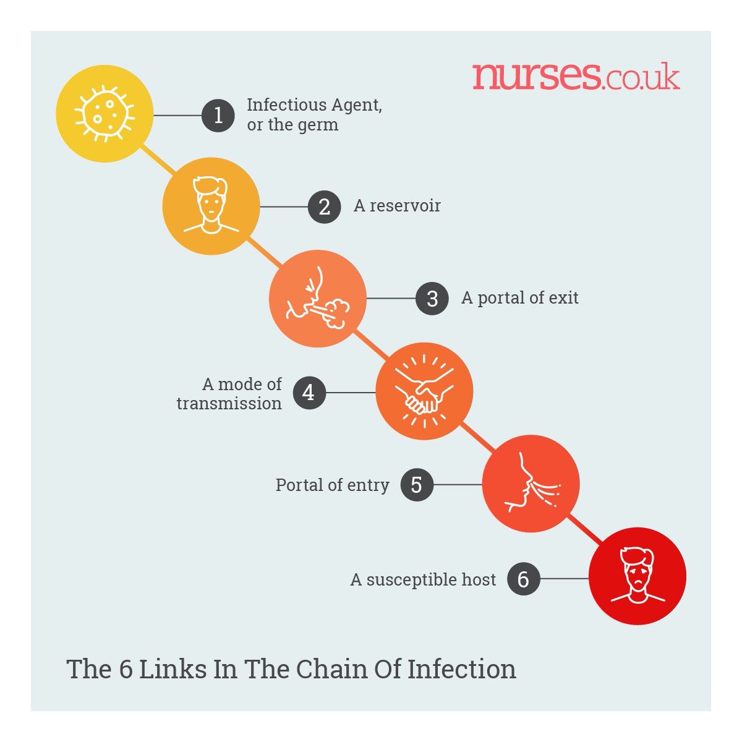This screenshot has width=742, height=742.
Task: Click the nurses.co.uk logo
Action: tap(576, 76)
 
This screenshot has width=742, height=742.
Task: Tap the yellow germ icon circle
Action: tap(104, 114)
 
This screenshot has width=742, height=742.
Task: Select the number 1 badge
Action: tap(218, 115)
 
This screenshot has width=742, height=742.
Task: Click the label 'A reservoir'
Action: tap(397, 206)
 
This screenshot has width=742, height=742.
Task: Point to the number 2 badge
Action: tap(325, 207)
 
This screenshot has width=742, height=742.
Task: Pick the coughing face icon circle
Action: tap(317, 298)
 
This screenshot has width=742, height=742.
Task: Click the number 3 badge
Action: tap(432, 299)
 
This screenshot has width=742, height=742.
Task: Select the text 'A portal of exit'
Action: tap(519, 298)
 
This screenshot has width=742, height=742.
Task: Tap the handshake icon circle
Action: tap(424, 391)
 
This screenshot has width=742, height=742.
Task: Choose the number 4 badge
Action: tap(308, 392)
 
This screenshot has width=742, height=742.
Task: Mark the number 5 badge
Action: tap(416, 485)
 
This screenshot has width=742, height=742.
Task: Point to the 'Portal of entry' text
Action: tap(332, 485)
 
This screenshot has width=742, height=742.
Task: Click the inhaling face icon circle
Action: tap(531, 484)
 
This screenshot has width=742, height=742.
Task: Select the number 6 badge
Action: tap(523, 579)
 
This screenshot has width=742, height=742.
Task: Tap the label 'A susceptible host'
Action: tap(423, 580)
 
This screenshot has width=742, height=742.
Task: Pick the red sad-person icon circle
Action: tap(637, 576)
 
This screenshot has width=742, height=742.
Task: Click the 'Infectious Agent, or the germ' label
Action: tap(313, 115)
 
